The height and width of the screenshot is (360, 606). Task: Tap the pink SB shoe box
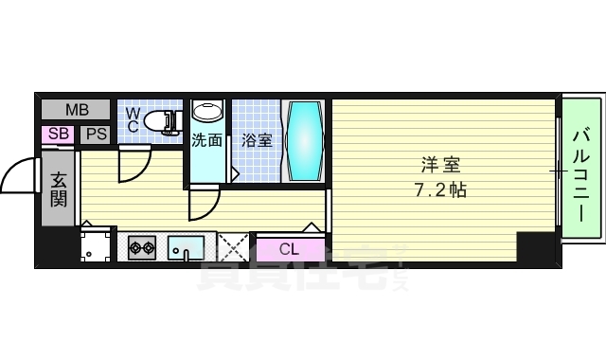pyautogui.click(x=58, y=134)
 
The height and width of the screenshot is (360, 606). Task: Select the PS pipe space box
pyautogui.click(x=96, y=134)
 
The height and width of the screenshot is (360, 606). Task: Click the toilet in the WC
pyautogui.click(x=166, y=120)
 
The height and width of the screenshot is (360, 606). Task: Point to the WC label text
pyautogui.click(x=134, y=118)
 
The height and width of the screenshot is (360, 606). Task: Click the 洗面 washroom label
pyautogui.click(x=207, y=141)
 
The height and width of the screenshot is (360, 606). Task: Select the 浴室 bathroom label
pyautogui.click(x=257, y=141)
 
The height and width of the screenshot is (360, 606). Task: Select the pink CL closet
pyautogui.click(x=290, y=249)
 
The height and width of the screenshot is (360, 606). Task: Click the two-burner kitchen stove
pyautogui.click(x=142, y=248)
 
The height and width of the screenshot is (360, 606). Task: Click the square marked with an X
pyautogui.click(x=233, y=248)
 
